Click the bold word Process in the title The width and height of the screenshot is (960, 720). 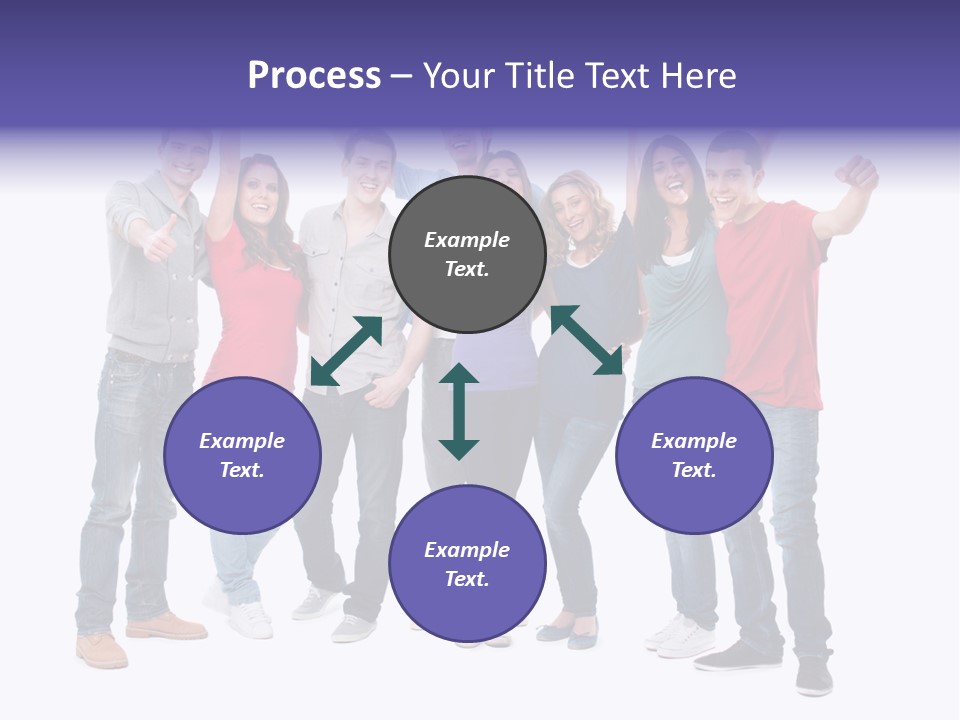pos(314,76)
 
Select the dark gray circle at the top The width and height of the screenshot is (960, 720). pos(467,254)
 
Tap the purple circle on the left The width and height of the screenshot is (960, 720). pos(242,455)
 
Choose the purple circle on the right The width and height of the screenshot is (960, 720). pos(694,455)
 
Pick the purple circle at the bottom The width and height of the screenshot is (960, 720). pos(467,564)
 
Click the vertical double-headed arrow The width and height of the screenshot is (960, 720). pos(459,411)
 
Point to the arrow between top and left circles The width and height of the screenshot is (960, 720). pos(346,350)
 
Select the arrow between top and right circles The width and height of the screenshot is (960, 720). pos(586,340)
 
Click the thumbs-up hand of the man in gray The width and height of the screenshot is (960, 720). pos(160,240)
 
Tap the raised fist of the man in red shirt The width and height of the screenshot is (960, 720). pos(858,172)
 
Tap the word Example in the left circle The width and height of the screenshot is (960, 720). pos(242,441)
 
